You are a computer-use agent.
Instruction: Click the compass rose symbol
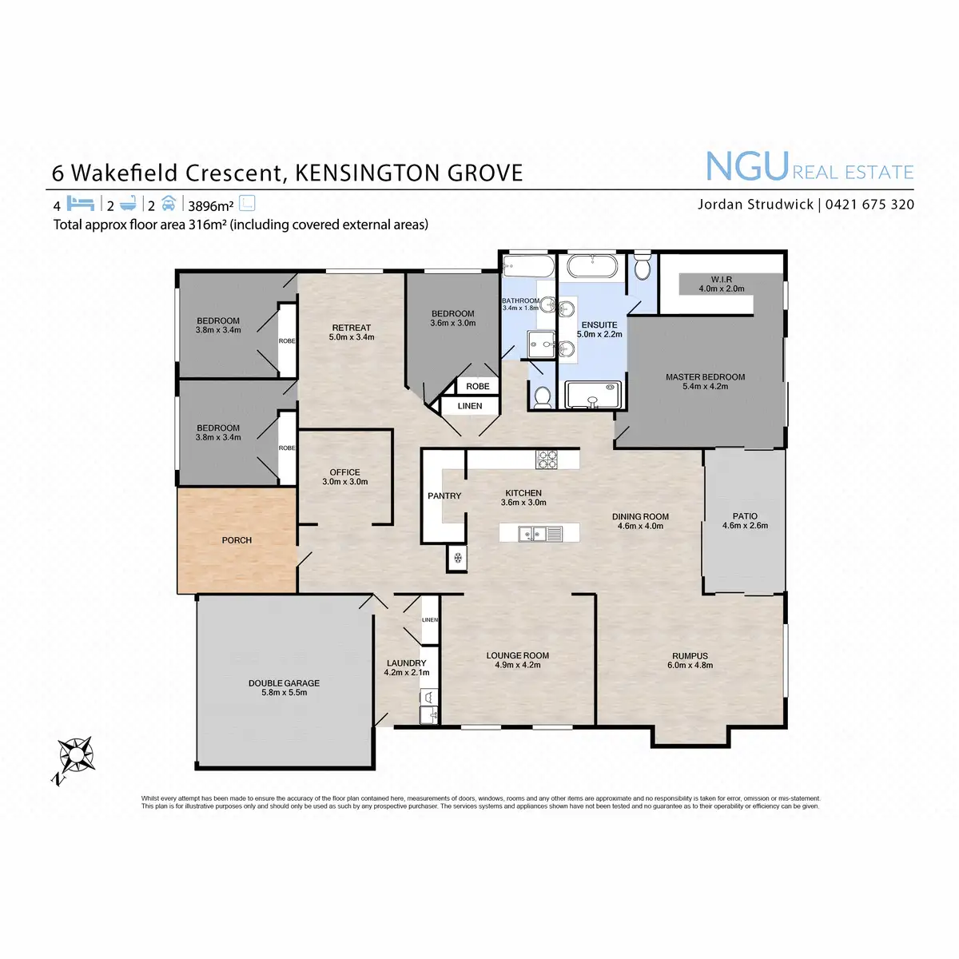(75, 755)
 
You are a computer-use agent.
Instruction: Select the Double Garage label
(284, 683)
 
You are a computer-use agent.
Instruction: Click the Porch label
(237, 540)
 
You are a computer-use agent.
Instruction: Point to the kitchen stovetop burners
(547, 460)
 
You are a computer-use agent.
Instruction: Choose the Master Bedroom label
(705, 377)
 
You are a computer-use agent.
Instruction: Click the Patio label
(745, 516)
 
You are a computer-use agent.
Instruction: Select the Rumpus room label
(690, 656)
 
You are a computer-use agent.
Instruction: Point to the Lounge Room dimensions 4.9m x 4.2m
(518, 665)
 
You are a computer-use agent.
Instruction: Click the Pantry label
(444, 496)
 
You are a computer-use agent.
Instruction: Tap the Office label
(345, 472)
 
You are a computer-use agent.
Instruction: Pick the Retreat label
(352, 328)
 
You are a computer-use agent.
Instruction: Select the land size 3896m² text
(210, 206)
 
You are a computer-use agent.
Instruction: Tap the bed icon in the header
(81, 204)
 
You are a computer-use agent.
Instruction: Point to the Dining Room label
(640, 517)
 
